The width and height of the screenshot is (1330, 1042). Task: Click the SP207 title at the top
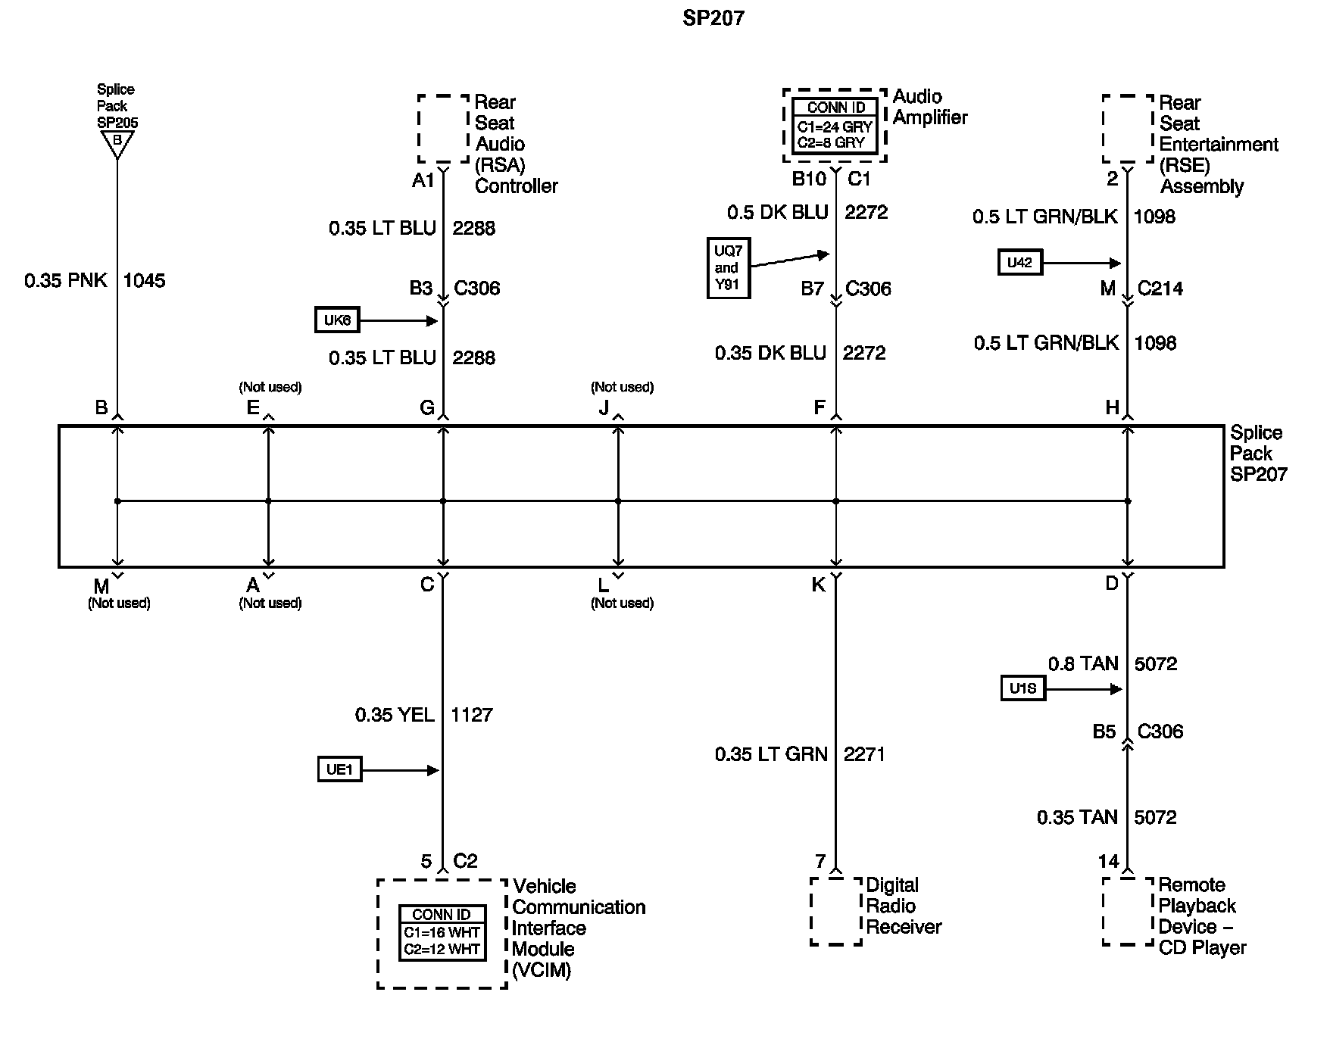pos(713,18)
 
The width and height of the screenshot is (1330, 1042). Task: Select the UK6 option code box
pos(337,320)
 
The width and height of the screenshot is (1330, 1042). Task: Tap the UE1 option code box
pos(339,770)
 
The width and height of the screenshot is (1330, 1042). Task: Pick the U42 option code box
pos(1019,263)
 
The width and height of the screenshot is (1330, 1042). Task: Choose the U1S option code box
pos(1022,689)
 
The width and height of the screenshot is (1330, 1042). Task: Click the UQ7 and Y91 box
pos(728,268)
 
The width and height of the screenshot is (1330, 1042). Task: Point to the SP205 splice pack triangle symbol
pos(117,143)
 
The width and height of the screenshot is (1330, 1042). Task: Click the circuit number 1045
pos(144,281)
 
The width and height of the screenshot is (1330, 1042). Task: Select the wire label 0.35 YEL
pos(395,715)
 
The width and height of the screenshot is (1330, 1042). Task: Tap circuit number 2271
pos(864,754)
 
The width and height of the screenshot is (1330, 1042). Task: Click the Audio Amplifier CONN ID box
pos(835,126)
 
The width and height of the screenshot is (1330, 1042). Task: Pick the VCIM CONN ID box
pos(442,933)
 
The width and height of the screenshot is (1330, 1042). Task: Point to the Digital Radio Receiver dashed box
pos(836,911)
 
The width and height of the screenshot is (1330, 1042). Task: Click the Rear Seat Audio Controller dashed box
pos(444,129)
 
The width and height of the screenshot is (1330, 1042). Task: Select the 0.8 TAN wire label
pos(1083,664)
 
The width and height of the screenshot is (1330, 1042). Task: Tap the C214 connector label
pos(1160,289)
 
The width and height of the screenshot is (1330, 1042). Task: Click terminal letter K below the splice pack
pos(819,585)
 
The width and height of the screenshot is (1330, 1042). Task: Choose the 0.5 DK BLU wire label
pos(777,213)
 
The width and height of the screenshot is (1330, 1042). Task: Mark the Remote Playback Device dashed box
pos(1128,911)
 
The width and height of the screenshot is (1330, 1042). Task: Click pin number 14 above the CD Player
pos(1108,861)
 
